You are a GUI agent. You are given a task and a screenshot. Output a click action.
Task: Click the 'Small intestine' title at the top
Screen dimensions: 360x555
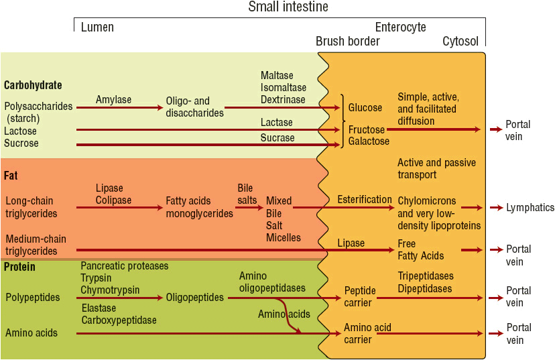click(288, 7)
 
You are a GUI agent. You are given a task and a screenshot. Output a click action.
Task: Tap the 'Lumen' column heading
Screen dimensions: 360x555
click(97, 27)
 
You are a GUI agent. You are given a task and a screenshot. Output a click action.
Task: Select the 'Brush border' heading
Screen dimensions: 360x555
click(348, 42)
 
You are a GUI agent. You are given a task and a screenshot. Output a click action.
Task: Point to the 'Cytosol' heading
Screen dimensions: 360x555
click(460, 42)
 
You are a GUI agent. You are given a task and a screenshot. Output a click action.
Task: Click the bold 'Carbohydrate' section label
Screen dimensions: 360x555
click(33, 85)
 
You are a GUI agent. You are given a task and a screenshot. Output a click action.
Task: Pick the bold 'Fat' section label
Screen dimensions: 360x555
click(11, 176)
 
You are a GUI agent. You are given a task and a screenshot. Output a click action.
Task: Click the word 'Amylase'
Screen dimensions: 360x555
click(113, 100)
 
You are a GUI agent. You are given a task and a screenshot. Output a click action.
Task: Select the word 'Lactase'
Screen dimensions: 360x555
click(277, 123)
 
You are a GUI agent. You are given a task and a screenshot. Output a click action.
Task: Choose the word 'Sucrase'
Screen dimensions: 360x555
click(277, 137)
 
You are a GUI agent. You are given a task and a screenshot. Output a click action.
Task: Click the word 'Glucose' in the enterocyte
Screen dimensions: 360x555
click(365, 107)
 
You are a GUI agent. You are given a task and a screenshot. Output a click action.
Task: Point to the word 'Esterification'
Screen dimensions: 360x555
click(365, 199)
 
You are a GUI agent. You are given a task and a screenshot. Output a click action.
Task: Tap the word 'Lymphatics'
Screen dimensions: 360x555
click(530, 208)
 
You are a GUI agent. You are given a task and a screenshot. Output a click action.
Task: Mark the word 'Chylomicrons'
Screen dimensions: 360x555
click(426, 201)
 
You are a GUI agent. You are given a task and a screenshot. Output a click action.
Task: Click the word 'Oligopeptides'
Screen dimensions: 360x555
click(195, 297)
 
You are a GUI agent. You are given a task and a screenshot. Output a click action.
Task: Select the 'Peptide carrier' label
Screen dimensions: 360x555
click(360, 296)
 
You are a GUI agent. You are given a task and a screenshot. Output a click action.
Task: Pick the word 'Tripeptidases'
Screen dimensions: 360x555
click(425, 276)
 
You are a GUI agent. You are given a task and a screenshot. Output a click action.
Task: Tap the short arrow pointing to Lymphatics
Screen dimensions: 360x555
click(496, 208)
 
